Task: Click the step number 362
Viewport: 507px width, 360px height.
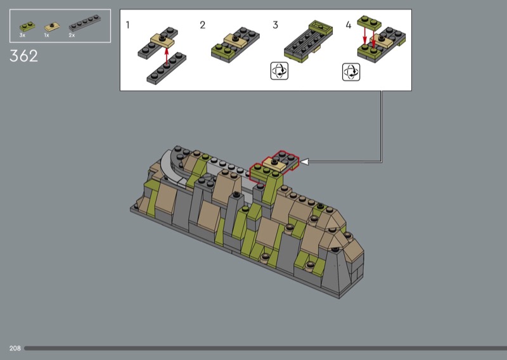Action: [23, 56]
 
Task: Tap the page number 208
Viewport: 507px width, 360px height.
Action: [15, 348]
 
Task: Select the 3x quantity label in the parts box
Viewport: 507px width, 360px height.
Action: [22, 35]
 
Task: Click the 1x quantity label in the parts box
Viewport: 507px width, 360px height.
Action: [46, 35]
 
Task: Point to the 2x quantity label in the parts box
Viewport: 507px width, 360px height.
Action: [72, 35]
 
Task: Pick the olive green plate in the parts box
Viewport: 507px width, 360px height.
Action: [27, 27]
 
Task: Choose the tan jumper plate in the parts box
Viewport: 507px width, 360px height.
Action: [52, 27]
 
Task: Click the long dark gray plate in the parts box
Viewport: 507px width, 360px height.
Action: [85, 23]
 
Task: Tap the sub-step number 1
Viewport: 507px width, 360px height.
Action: [128, 25]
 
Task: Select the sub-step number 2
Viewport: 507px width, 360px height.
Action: [202, 25]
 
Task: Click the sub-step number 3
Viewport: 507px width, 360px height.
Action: [275, 25]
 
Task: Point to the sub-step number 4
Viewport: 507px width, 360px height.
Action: [348, 25]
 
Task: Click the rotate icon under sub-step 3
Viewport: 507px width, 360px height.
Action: [279, 71]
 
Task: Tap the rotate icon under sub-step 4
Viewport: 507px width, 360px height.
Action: [351, 72]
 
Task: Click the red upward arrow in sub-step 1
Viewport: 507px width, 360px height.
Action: [167, 57]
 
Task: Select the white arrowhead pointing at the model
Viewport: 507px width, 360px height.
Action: [304, 162]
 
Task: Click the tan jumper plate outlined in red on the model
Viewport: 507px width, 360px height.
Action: [274, 164]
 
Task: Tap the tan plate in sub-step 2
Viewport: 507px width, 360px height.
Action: [235, 40]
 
